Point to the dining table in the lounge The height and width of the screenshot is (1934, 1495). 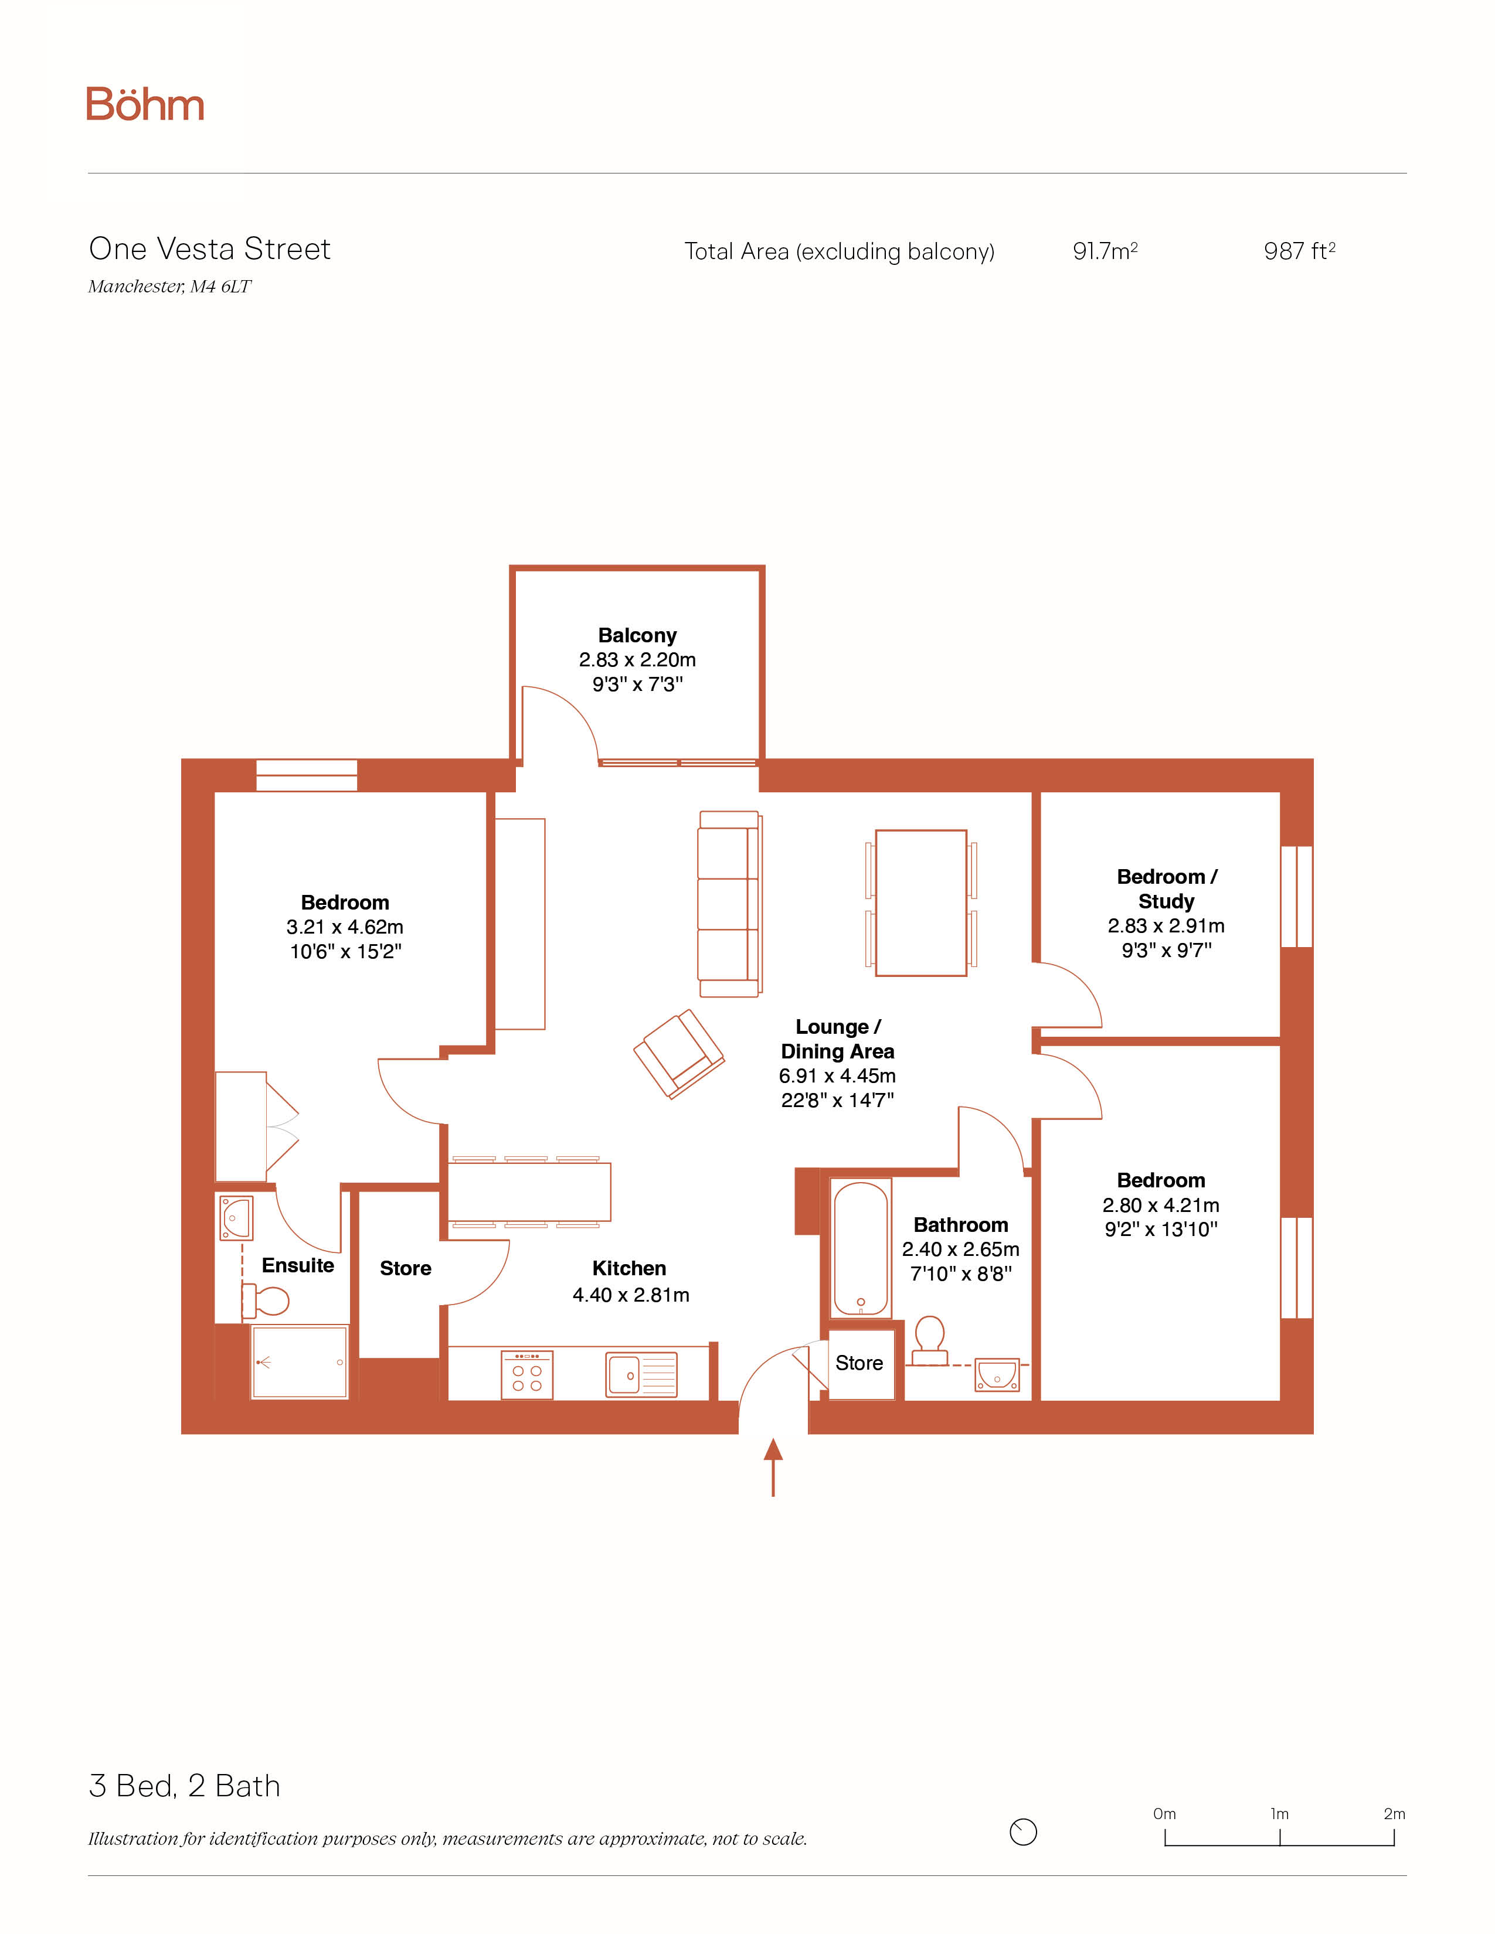tap(921, 903)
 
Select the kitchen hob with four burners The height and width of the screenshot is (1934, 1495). tap(527, 1374)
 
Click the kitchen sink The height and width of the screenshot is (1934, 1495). tap(641, 1374)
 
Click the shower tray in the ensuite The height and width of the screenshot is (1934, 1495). tap(300, 1362)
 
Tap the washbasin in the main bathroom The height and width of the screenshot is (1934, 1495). tap(997, 1374)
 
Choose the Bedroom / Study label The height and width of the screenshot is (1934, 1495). tap(1167, 888)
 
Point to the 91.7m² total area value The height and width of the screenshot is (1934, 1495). tap(1105, 251)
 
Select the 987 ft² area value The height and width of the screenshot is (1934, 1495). tap(1299, 251)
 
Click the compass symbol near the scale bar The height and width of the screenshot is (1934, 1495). tap(1023, 1831)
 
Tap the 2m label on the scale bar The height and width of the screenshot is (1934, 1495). tap(1394, 1814)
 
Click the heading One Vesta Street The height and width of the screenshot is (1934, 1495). tap(210, 249)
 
